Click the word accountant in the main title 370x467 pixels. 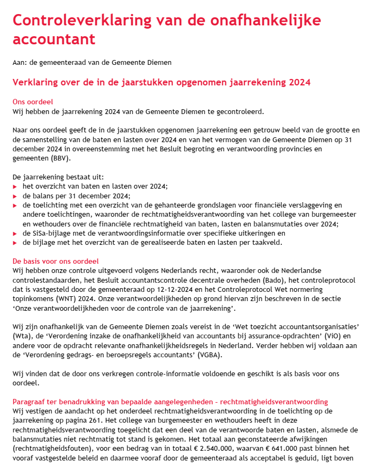tap(54, 39)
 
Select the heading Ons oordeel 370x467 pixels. tap(33, 102)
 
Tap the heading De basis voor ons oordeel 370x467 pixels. tap(55, 261)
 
